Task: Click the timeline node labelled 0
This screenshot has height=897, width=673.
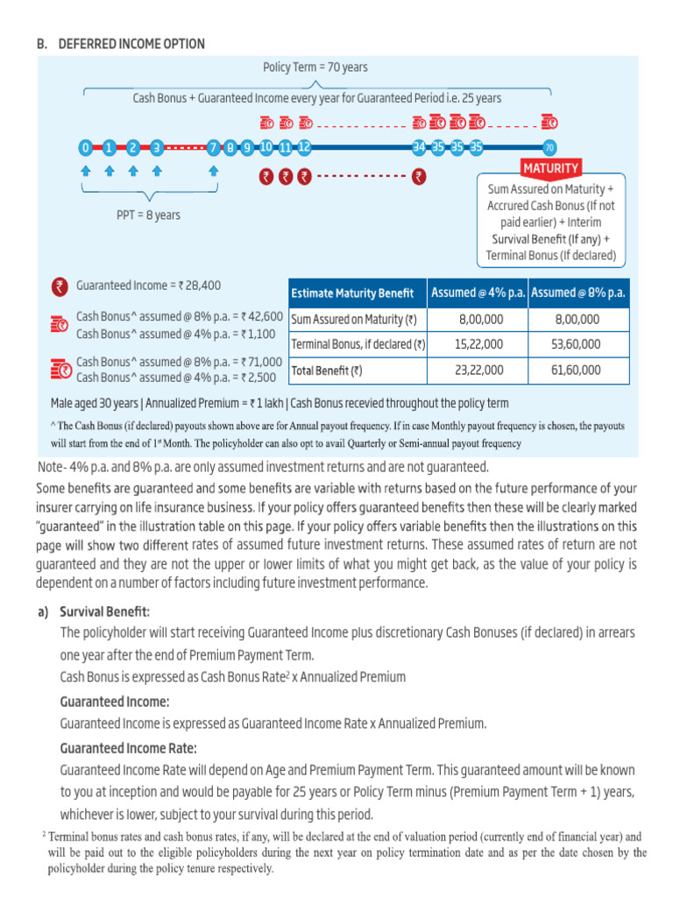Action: click(x=85, y=147)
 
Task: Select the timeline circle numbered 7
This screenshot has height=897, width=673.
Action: click(x=214, y=147)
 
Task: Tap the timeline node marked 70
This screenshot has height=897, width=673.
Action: click(x=549, y=147)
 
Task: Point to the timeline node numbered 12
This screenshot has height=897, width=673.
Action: click(x=304, y=147)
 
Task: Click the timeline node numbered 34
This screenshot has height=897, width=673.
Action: click(x=419, y=147)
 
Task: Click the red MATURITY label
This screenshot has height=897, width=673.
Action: click(x=550, y=168)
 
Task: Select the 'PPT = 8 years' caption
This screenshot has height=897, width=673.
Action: click(x=148, y=215)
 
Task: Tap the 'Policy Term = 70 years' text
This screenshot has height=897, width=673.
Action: click(x=315, y=67)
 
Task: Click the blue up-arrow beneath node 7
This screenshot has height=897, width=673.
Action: click(x=214, y=173)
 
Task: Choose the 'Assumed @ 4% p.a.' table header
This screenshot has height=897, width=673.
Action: click(x=478, y=293)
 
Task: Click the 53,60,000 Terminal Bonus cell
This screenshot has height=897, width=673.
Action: click(x=578, y=345)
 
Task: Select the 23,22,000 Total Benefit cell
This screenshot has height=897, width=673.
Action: click(x=480, y=371)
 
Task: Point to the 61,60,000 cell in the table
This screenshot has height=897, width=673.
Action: click(x=578, y=371)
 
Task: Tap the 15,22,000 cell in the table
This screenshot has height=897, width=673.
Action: click(x=480, y=345)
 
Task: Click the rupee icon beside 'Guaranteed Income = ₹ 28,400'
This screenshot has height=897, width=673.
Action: click(x=60, y=286)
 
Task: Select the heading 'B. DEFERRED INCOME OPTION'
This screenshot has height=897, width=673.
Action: click(x=121, y=44)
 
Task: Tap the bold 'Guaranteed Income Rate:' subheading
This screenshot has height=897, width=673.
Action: click(x=128, y=748)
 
